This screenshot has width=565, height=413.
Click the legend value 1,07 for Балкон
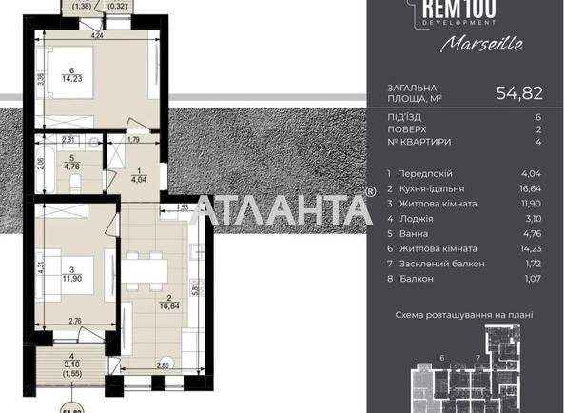pyautogui.click(x=532, y=279)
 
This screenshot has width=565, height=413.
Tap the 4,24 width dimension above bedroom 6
pyautogui.click(x=97, y=36)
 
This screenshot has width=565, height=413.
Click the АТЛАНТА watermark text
pyautogui.click(x=282, y=208)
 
